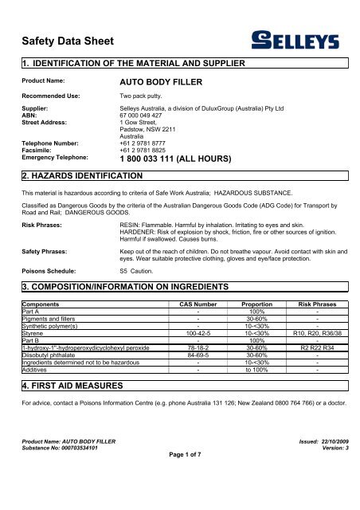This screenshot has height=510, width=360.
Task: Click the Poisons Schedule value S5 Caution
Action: [141, 271]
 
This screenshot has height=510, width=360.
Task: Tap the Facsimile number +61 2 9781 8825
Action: [155, 149]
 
